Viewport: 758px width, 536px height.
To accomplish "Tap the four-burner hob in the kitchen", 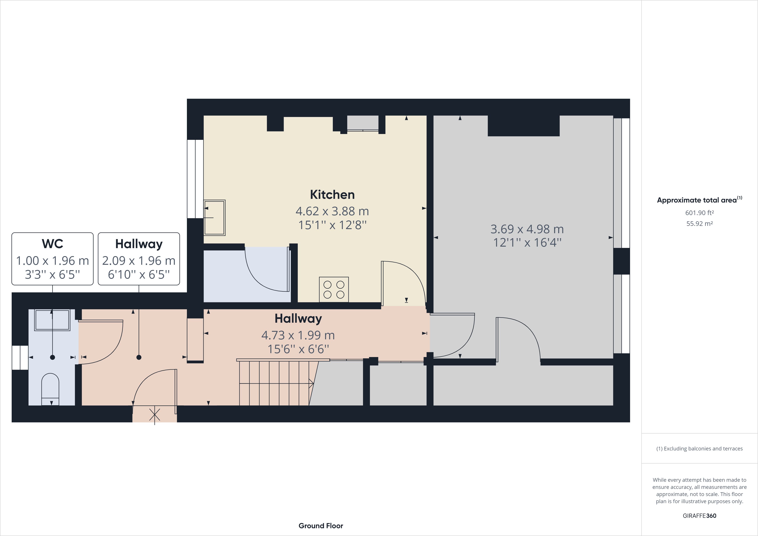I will click(334, 289).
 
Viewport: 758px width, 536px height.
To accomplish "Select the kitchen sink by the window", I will click(214, 217).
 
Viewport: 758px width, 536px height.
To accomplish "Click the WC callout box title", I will click(53, 244).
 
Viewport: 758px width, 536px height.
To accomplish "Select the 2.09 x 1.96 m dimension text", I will click(139, 261).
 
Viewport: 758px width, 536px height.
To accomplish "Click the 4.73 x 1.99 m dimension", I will click(298, 335).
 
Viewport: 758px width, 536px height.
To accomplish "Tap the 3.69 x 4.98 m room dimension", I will click(527, 229).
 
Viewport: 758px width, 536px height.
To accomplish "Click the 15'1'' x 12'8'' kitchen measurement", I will click(332, 225).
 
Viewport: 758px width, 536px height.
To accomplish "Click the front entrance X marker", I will click(154, 415).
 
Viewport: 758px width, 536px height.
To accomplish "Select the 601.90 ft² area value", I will click(699, 213).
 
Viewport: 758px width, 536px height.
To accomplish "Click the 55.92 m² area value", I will click(699, 223).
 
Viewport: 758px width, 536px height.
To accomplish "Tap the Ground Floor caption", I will click(321, 526).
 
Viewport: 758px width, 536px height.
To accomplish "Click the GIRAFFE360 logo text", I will click(699, 515).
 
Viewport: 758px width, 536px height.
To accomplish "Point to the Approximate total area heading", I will click(699, 200).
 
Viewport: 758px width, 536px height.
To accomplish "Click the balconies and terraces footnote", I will click(699, 448).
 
